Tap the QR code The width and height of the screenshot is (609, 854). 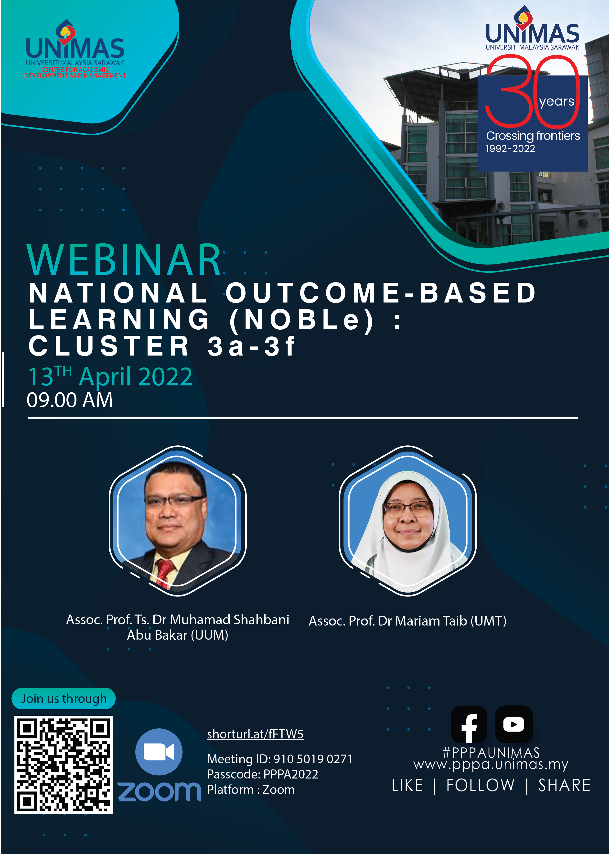click(63, 765)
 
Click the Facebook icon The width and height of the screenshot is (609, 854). click(469, 724)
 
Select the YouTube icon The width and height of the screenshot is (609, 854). click(514, 724)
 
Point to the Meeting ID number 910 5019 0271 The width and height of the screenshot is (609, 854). click(313, 759)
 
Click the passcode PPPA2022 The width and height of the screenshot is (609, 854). click(291, 774)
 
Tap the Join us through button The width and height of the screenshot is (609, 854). click(63, 698)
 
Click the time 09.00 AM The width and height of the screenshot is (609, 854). click(70, 400)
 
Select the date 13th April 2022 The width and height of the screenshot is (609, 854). click(110, 377)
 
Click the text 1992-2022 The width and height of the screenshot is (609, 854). click(510, 149)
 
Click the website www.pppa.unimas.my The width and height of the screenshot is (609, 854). click(491, 764)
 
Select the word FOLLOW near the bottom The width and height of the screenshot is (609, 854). click(480, 785)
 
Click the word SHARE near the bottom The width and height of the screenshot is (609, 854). click(564, 785)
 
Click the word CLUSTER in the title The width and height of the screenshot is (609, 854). click(109, 346)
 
